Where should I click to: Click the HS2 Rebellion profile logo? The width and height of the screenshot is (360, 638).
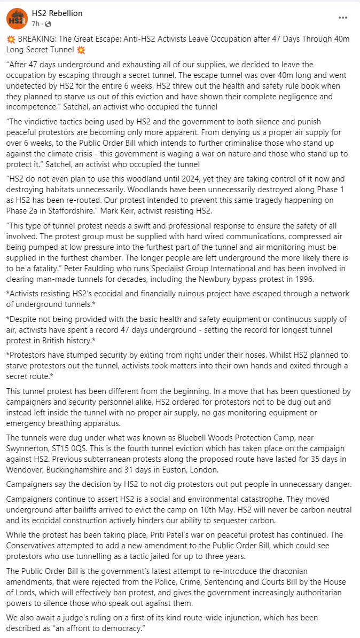17,19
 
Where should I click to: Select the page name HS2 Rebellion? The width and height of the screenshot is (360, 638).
58,13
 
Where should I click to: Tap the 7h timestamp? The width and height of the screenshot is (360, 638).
36,23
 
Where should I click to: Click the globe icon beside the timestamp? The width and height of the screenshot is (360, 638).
48,23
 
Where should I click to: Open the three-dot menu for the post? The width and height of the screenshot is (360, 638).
342,18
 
